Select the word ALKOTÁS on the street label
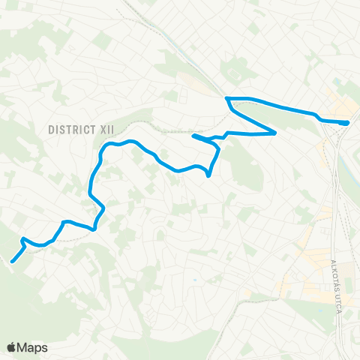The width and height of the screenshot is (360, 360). (x=334, y=277)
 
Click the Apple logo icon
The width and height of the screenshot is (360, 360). (x=12, y=347)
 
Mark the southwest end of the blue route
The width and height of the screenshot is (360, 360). (x=12, y=262)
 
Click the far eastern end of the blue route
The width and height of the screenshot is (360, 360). (x=347, y=123)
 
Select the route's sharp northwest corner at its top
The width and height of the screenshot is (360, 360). (x=226, y=98)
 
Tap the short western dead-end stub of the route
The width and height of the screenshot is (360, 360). (x=194, y=136)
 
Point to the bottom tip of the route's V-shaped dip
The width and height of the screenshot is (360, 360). (x=208, y=177)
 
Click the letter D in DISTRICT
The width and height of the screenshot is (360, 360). (x=51, y=129)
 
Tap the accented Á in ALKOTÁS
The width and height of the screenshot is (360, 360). (x=334, y=287)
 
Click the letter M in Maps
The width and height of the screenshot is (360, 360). (x=23, y=347)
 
